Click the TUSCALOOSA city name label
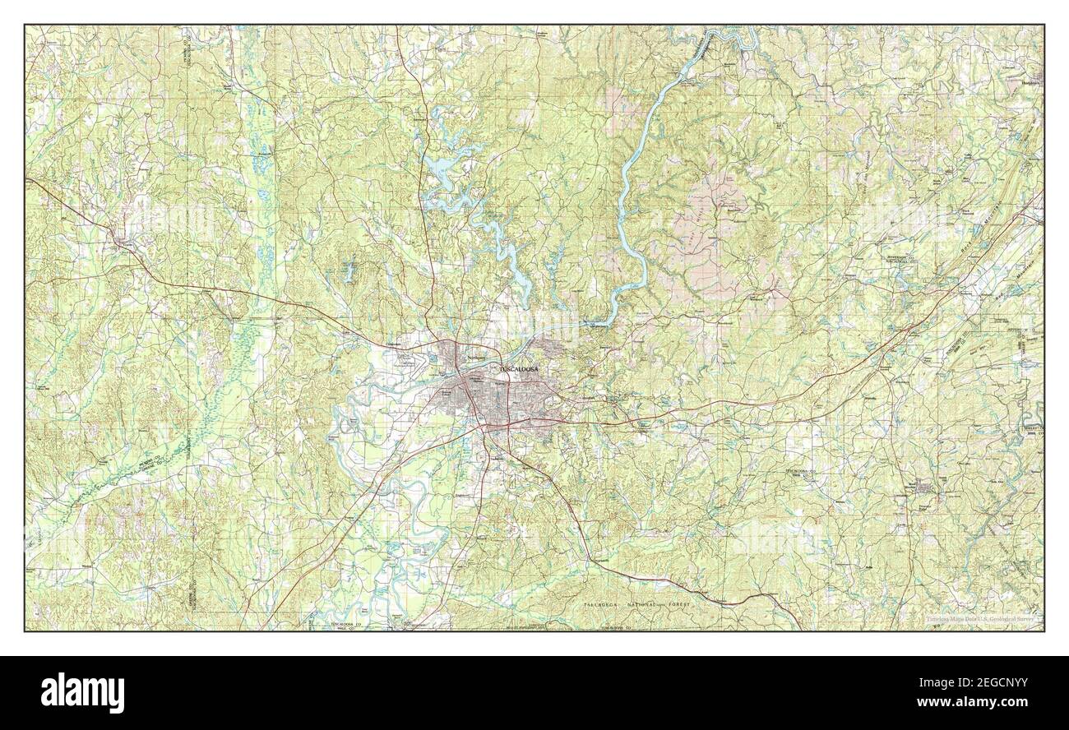click(x=519, y=371)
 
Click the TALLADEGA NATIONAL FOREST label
click(x=638, y=604)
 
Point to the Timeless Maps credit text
click(x=971, y=621)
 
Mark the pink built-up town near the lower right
click(x=926, y=489)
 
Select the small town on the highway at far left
click(x=123, y=241)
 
